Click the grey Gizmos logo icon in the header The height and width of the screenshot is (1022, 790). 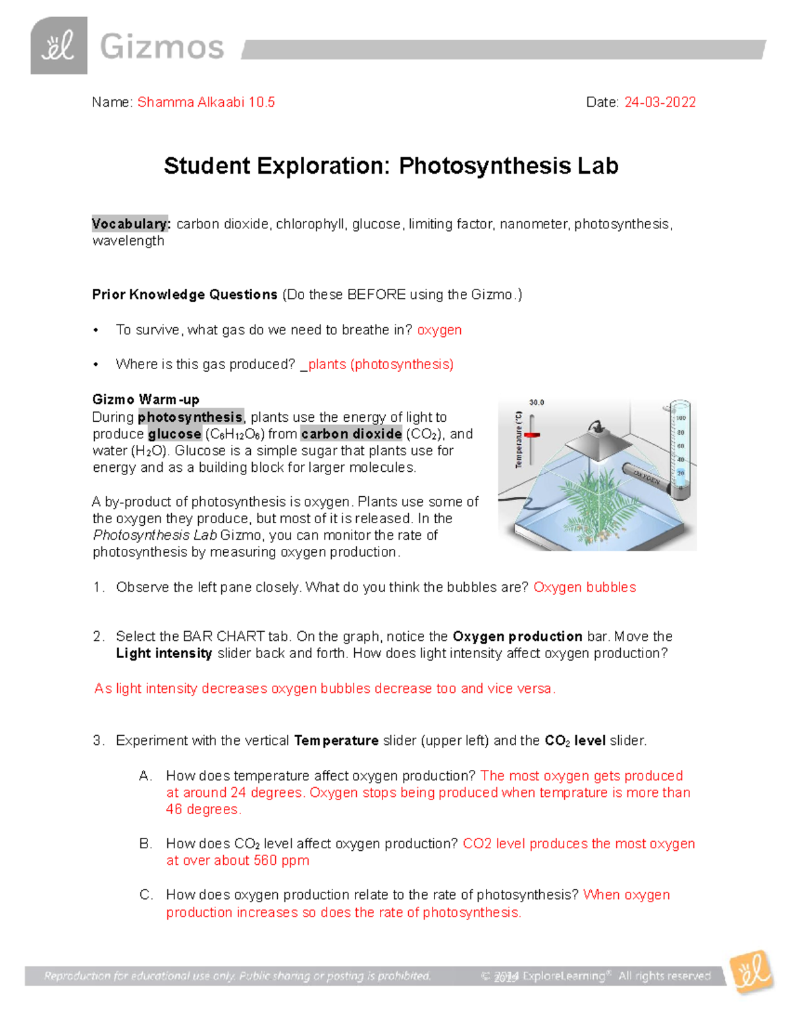coord(59,45)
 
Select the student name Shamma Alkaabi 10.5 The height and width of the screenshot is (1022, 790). coord(206,102)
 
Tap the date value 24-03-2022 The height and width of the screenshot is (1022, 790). coord(660,102)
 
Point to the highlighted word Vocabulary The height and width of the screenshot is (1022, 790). coord(131,224)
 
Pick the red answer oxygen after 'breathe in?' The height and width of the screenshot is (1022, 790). coord(439,330)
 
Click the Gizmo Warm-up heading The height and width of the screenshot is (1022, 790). coord(145,399)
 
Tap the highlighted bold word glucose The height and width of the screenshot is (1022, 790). coord(174,434)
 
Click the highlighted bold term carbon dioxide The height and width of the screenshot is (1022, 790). coord(351,434)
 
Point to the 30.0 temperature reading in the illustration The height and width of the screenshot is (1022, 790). coord(537,402)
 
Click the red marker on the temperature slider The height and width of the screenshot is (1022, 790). coord(531,435)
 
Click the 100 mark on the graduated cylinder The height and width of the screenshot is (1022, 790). coord(681,418)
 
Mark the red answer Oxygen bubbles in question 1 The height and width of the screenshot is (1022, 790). coord(585,587)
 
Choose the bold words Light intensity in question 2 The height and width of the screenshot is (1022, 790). coord(164,653)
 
